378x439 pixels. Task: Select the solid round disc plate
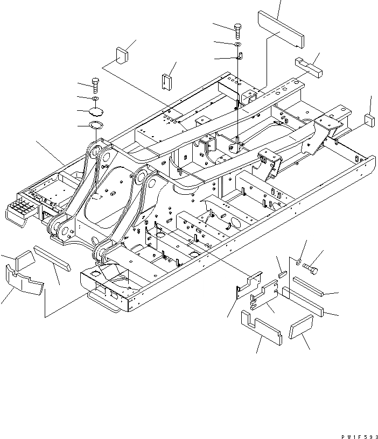tap(96, 111)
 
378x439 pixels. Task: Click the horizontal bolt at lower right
tap(311, 266)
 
